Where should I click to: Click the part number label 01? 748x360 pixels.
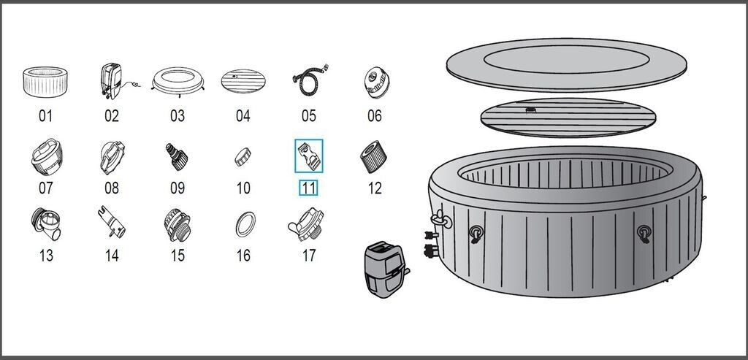click(x=46, y=115)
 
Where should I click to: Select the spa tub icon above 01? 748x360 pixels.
click(x=45, y=82)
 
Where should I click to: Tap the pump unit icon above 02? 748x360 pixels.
click(x=111, y=81)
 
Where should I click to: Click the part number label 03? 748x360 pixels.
click(x=178, y=115)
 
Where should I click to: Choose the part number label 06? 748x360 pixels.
click(x=375, y=115)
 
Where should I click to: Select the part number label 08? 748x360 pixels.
click(x=111, y=188)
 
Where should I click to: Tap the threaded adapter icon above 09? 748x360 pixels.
click(x=176, y=155)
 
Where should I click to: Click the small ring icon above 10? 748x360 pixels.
click(x=243, y=156)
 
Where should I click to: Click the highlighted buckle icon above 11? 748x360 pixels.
click(x=309, y=155)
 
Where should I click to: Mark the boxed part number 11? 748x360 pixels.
click(x=309, y=188)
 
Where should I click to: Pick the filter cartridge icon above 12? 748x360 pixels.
click(x=373, y=155)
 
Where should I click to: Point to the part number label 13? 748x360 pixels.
click(x=46, y=256)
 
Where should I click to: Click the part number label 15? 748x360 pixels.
click(x=178, y=256)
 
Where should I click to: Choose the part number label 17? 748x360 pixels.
click(x=309, y=256)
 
